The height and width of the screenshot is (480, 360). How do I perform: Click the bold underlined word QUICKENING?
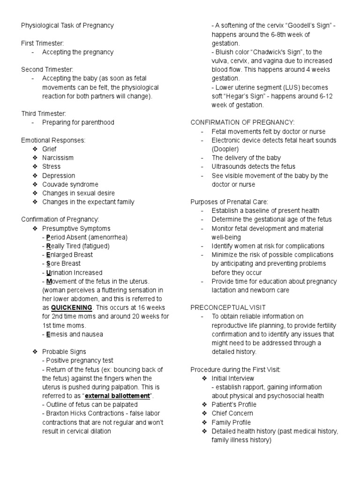click(72, 307)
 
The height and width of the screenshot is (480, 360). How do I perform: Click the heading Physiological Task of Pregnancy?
click(67, 25)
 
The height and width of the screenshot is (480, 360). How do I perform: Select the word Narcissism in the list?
click(58, 157)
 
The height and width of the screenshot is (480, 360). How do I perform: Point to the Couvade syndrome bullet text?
click(70, 184)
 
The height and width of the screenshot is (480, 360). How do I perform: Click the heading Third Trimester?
click(44, 113)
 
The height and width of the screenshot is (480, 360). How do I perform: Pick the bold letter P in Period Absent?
click(48, 237)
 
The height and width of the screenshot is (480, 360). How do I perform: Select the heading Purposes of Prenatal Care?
click(229, 202)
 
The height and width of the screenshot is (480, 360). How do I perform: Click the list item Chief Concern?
click(232, 413)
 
